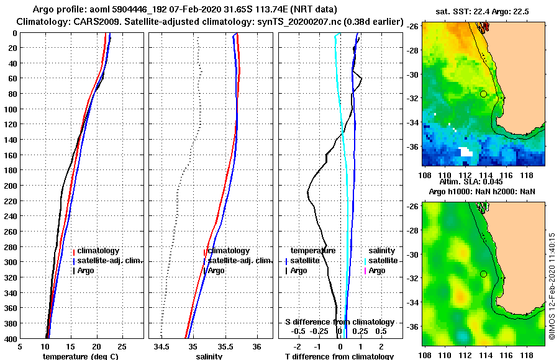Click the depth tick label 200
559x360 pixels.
point(11,186)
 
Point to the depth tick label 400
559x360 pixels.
point(11,338)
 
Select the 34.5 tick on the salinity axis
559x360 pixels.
point(162,346)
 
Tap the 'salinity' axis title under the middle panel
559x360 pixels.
point(209,356)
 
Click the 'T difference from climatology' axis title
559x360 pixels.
point(339,356)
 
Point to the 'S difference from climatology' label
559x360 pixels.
point(339,322)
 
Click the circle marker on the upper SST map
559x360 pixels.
point(483,94)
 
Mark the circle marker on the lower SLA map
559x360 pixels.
point(483,274)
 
